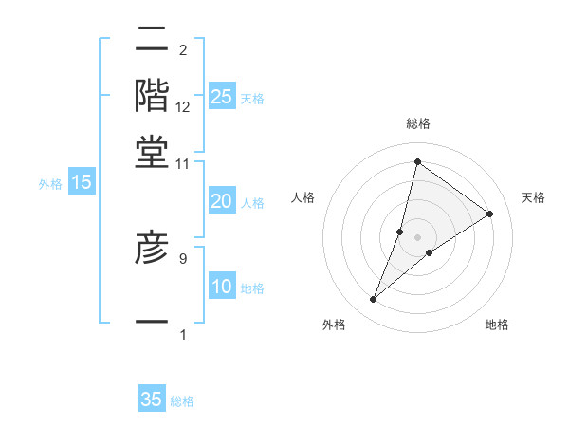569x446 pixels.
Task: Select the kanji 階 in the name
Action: coord(153,95)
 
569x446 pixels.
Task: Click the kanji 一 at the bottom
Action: coord(153,323)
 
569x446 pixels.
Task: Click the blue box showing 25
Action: coord(221,97)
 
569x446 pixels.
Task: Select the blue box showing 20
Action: coord(221,201)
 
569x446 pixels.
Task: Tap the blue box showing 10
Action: coord(221,287)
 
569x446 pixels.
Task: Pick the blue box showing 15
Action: coord(82,183)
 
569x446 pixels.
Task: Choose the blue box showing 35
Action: coord(152,400)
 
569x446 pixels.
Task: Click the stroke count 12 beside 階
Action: coord(183,108)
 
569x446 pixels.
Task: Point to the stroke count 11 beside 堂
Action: coord(183,163)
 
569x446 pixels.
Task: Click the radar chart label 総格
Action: coord(417,124)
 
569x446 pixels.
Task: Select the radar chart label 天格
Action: coord(533,197)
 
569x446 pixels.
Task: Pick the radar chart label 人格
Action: coord(303,197)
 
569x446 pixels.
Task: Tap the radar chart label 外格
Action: coord(333,325)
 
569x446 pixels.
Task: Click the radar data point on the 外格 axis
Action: coord(374,300)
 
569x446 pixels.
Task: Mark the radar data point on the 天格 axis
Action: coord(490,214)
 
